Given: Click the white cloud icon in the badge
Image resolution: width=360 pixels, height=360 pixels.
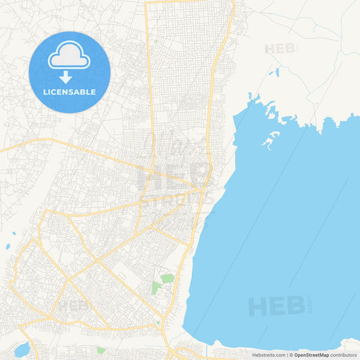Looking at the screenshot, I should tap(70, 56).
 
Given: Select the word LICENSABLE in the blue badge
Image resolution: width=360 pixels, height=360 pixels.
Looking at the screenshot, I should tap(70, 92).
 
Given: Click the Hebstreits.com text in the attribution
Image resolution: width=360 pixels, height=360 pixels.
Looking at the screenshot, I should tap(268, 355).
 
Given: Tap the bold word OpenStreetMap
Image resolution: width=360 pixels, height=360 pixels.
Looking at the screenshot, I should tap(311, 355).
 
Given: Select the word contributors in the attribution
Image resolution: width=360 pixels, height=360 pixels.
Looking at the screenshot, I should tap(343, 355).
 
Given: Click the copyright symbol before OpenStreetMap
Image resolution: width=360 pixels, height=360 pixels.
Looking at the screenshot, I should tap(290, 355).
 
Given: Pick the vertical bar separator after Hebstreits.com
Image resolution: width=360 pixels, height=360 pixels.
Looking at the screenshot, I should tap(286, 355).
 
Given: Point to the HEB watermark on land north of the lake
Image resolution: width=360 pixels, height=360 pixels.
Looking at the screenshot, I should tap(280, 49).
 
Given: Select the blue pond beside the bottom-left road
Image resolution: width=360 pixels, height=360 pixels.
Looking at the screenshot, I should tap(21, 349).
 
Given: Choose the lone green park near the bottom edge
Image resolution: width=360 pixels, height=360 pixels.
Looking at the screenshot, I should tap(101, 350).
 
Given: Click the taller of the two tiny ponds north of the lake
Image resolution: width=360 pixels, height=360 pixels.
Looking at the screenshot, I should tap(276, 70).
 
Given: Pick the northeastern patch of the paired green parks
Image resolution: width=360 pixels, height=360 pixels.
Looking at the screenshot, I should tap(167, 278).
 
